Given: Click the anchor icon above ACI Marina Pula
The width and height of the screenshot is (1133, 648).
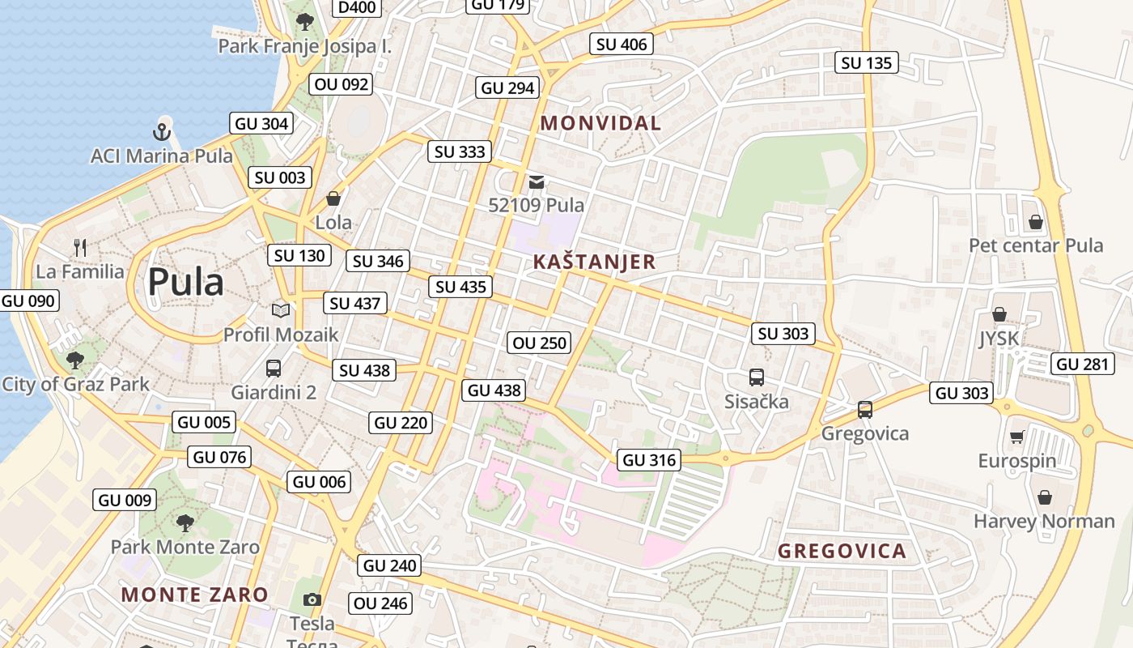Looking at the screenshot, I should click(162, 130).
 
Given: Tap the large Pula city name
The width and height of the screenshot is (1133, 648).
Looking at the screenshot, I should click(185, 282).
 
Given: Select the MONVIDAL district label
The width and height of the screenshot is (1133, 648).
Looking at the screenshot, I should click(600, 123).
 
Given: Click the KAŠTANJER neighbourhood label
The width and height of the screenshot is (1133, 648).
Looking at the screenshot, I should click(594, 262).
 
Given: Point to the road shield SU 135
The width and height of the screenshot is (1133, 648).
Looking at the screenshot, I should click(866, 62).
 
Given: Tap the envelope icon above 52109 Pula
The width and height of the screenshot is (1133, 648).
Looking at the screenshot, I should click(536, 182).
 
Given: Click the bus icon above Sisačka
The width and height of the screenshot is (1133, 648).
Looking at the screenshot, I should click(756, 377).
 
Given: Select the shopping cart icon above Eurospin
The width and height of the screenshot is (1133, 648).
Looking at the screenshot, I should click(1016, 437).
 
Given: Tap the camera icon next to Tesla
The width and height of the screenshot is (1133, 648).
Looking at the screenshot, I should click(312, 599).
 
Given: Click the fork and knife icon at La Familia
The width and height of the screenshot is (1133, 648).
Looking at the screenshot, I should click(79, 248).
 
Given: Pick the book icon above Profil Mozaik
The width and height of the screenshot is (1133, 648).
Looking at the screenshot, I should click(281, 310).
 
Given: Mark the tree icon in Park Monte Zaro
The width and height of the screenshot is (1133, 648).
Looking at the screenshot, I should click(185, 522).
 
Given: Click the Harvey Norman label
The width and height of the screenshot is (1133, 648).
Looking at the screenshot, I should click(1044, 521).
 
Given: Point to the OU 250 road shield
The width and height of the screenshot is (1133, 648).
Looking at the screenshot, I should click(540, 343).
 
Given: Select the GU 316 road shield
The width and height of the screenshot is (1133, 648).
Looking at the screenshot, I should click(649, 460).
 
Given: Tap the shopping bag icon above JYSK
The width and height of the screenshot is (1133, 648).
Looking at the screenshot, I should click(999, 314).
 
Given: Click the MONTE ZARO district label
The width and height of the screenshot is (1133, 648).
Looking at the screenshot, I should click(194, 595).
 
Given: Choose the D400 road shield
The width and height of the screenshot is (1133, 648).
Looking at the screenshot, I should click(357, 7).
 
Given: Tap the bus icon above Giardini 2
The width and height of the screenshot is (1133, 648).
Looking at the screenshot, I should click(274, 369).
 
